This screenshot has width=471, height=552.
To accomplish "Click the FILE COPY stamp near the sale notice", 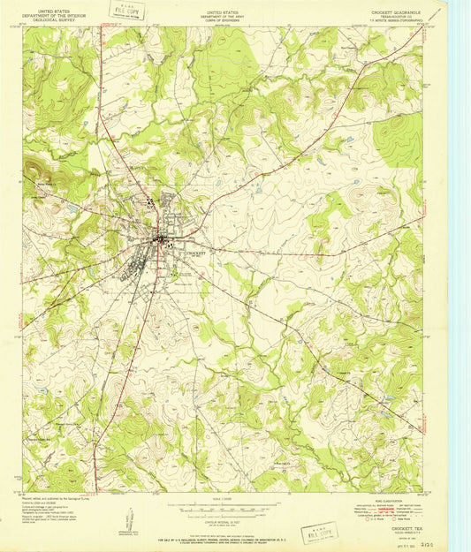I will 320,532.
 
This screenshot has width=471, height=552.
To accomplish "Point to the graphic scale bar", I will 223,510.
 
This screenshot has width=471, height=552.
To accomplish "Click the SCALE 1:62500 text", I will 223,502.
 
